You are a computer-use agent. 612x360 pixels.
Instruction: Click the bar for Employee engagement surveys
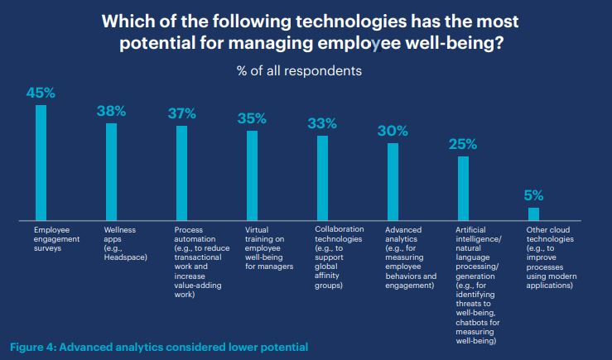point(41,162)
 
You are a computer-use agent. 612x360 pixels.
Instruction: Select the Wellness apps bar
point(111,171)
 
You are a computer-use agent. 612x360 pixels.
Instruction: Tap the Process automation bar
point(181,172)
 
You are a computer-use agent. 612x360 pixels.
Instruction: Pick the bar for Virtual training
point(252,175)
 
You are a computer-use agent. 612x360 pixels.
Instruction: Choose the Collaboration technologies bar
point(322,177)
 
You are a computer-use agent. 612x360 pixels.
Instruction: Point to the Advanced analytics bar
point(393,181)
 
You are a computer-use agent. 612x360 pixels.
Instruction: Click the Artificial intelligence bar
point(463,187)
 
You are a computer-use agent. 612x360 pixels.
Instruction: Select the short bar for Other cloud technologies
point(533,214)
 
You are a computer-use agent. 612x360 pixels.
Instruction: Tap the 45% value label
point(41,94)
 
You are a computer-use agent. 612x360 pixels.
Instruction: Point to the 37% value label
point(181,114)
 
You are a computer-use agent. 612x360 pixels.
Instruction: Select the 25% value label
point(463,144)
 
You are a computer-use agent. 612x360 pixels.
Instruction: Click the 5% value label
point(533,196)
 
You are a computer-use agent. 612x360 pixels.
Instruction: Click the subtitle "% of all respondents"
point(306,71)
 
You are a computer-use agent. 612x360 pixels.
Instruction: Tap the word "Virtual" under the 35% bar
point(258,229)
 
